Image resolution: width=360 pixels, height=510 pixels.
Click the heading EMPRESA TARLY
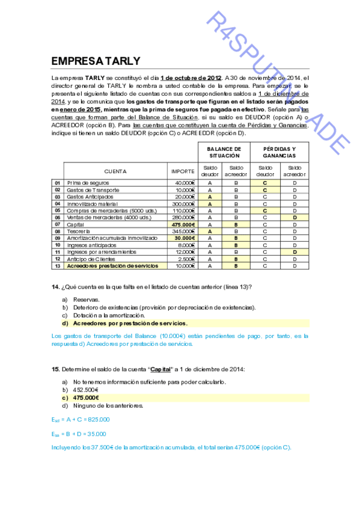click(x=96, y=61)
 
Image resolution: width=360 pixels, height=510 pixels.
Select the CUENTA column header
click(x=115, y=171)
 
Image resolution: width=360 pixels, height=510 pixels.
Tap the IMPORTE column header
click(x=183, y=171)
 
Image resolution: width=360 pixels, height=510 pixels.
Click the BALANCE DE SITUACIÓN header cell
click(x=224, y=152)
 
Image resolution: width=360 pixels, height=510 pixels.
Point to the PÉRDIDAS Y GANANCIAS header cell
click(x=279, y=152)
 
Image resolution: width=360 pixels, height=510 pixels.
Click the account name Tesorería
click(x=79, y=231)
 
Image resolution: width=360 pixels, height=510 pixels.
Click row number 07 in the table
click(x=58, y=224)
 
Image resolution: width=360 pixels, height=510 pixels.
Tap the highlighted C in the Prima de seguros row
click(x=264, y=183)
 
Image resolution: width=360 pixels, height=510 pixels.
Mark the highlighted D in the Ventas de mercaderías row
click(x=294, y=217)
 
